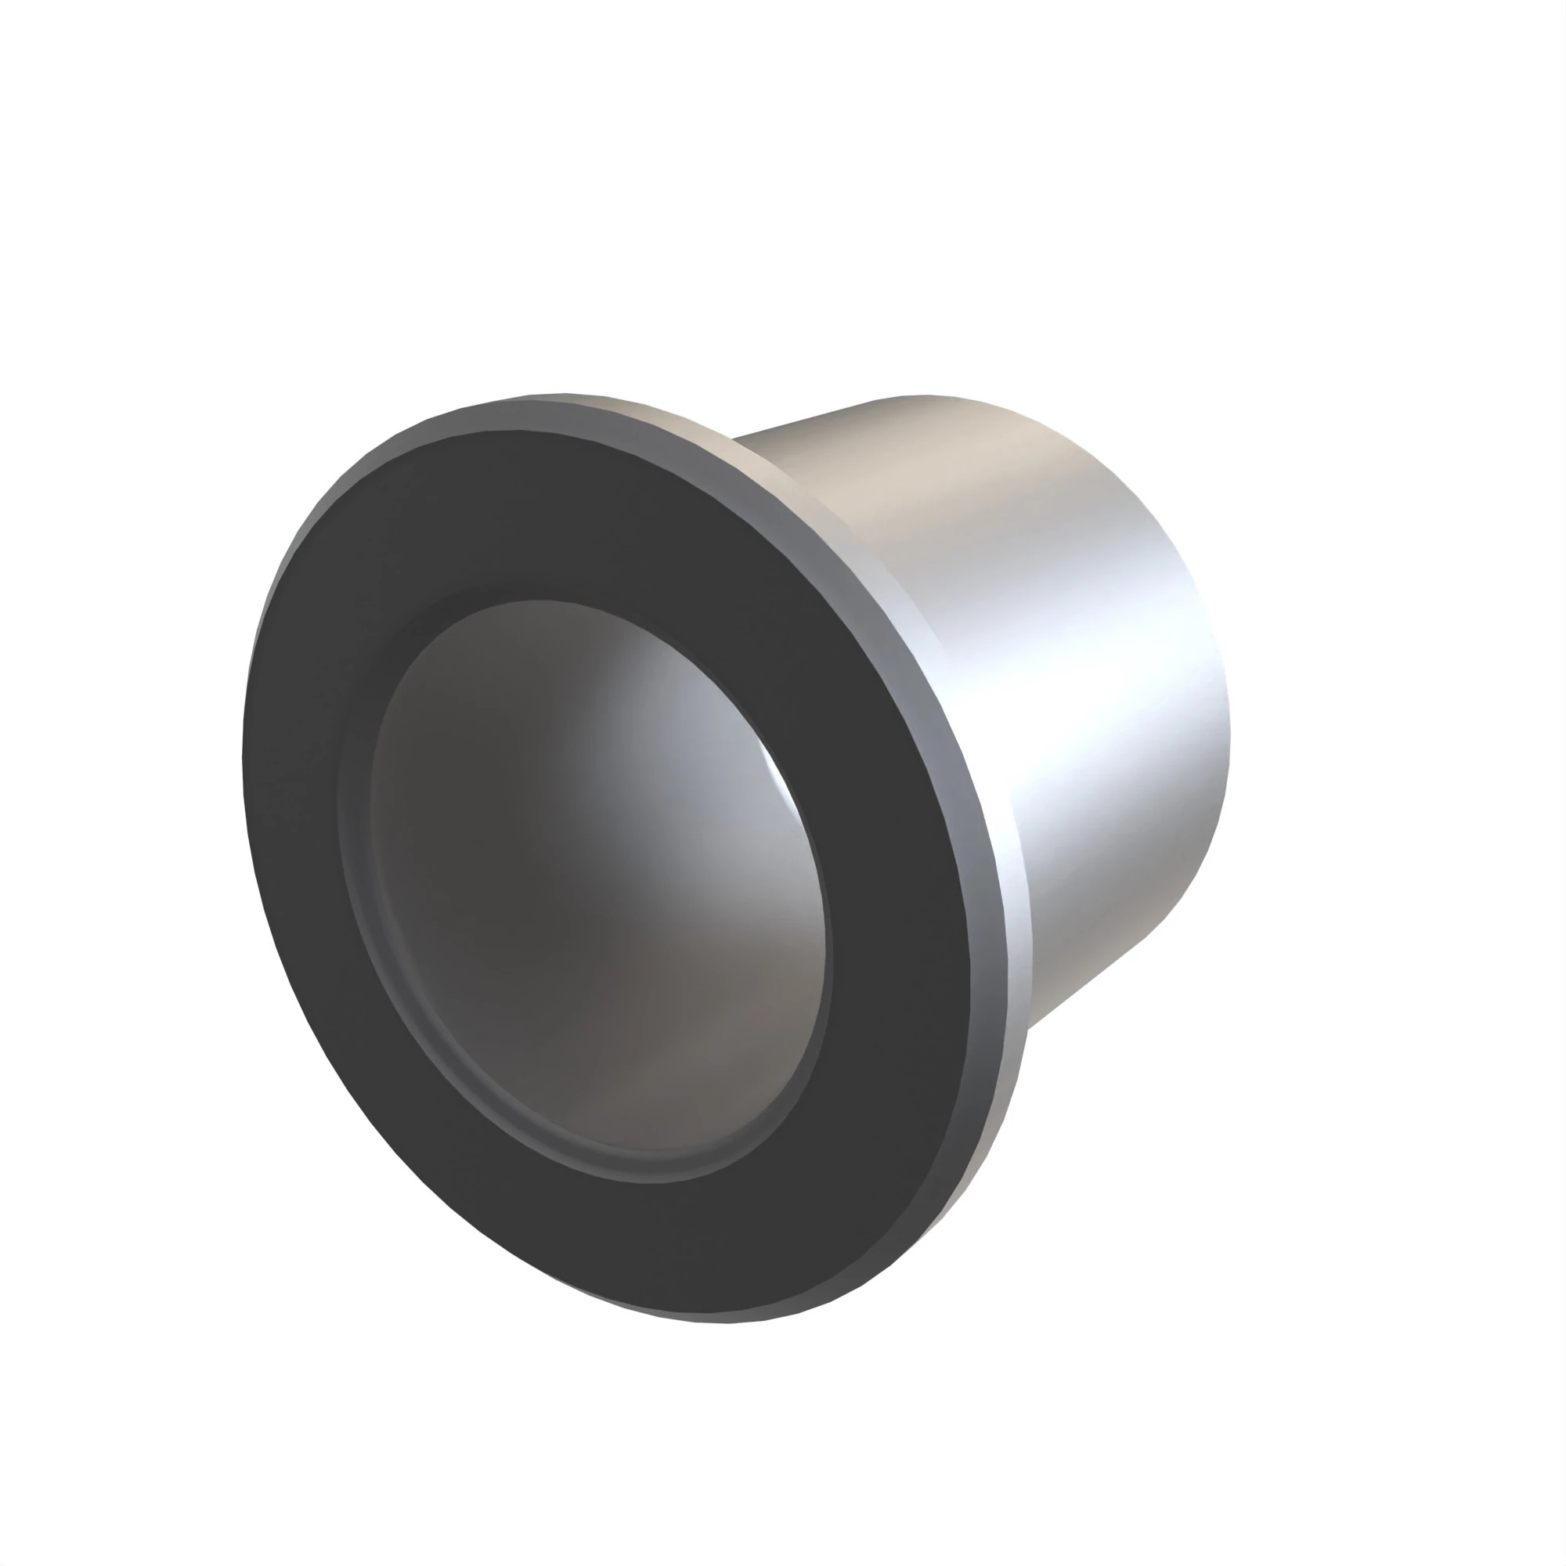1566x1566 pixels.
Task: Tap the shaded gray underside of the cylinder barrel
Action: (1086, 948)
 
